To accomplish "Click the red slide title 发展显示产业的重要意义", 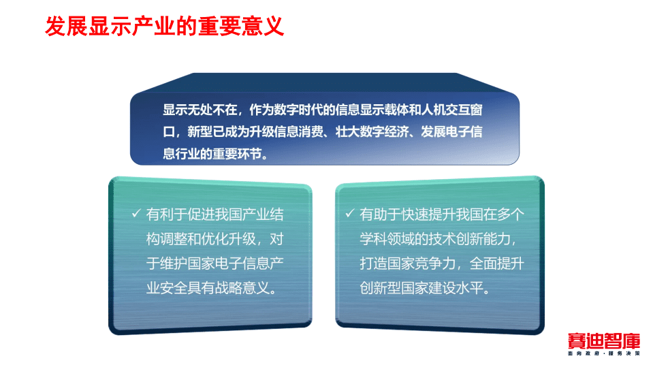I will tap(163, 27).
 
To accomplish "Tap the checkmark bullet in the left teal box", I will tap(136, 214).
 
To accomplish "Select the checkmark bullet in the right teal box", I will tap(349, 214).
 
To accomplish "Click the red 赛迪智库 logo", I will tap(603, 340).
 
